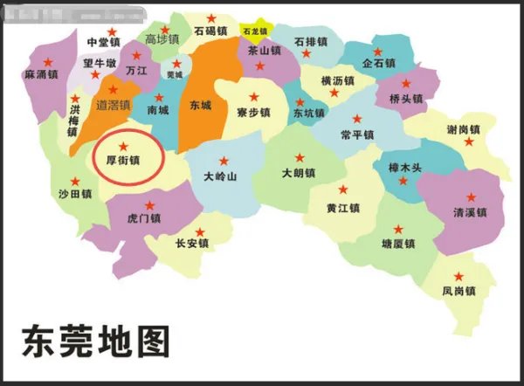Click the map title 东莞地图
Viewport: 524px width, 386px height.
pos(95,341)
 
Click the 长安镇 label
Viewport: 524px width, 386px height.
pos(192,245)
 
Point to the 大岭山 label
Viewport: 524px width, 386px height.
pos(220,176)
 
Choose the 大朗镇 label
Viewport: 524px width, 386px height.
pos(298,175)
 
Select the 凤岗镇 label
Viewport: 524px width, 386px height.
pos(458,290)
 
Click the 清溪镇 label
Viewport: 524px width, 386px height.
pos(470,212)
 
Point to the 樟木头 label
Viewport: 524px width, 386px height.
pos(403,167)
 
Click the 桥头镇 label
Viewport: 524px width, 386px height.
pos(405,99)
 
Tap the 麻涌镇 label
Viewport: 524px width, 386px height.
pos(41,75)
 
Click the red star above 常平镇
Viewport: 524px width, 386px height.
pos(355,118)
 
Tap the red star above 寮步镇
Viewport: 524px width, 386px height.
pos(254,96)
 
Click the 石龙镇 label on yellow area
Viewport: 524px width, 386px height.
pos(256,31)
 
